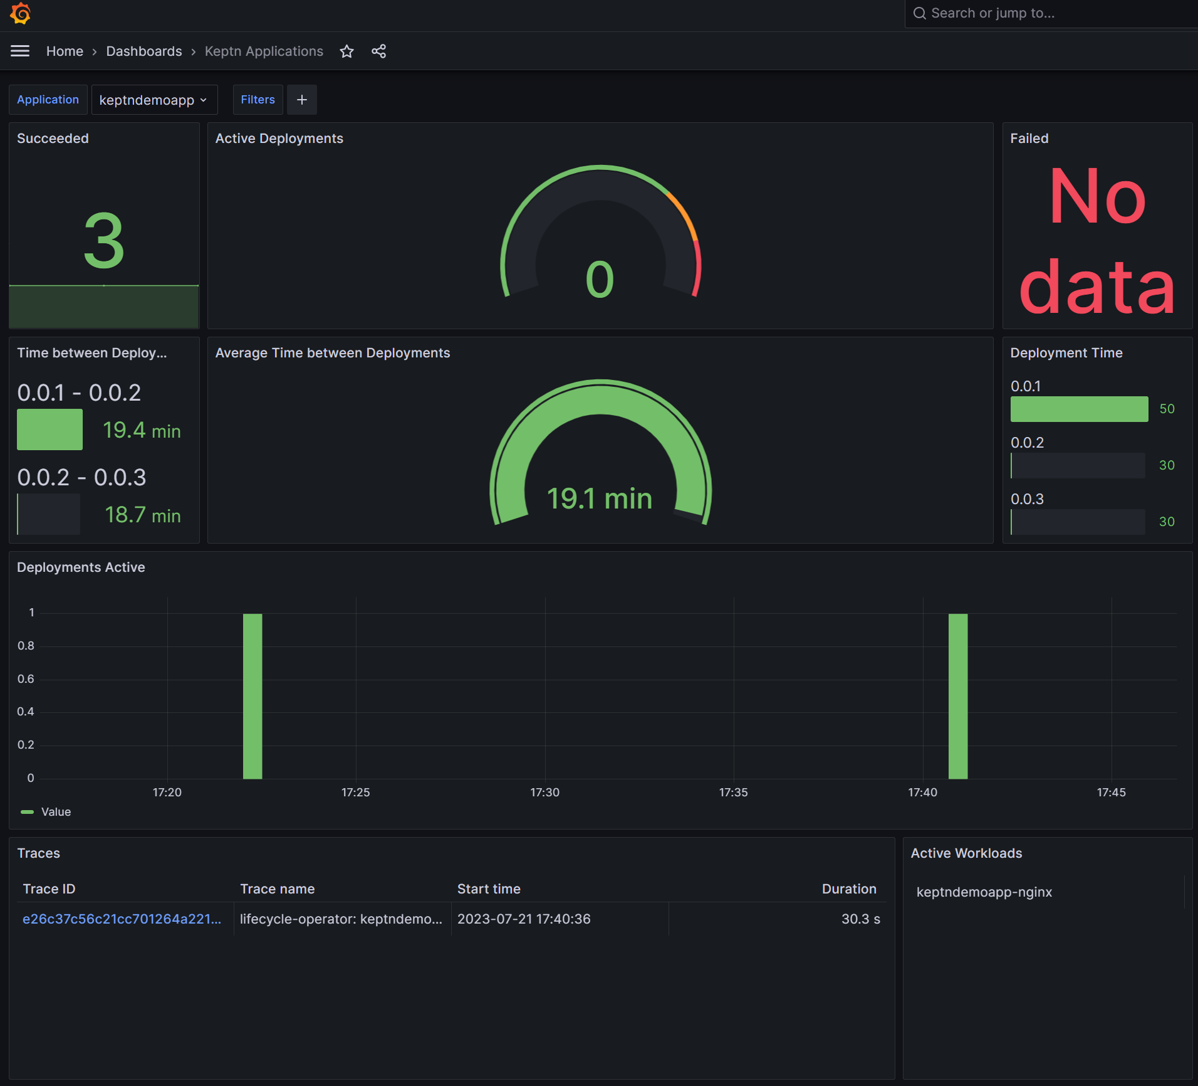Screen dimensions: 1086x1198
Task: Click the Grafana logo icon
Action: [x=20, y=13]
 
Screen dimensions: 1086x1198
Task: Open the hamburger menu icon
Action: [x=20, y=51]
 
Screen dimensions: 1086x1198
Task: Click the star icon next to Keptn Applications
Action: [x=346, y=51]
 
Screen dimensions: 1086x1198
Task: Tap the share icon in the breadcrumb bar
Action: [x=378, y=51]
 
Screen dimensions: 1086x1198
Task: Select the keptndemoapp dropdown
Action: [x=154, y=100]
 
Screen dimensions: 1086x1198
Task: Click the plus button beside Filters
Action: [x=301, y=100]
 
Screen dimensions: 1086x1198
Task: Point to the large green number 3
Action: [x=104, y=241]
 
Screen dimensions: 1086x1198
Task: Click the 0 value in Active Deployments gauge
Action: [x=600, y=280]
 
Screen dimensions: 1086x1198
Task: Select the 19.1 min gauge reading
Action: [x=600, y=499]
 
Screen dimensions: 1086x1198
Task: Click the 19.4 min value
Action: [x=142, y=430]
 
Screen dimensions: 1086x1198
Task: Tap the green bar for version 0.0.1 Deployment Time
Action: [x=1079, y=409]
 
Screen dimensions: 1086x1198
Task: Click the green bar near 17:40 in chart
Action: [x=957, y=696]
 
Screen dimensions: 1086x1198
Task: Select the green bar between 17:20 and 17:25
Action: [x=253, y=696]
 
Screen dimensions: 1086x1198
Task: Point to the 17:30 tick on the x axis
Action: [x=544, y=793]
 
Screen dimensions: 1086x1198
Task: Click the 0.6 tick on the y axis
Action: [x=26, y=679]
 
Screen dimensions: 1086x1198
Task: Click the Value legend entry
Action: [x=55, y=812]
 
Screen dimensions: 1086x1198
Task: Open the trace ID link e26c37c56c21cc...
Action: [x=122, y=919]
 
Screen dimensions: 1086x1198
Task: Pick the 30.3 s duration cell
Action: [x=860, y=919]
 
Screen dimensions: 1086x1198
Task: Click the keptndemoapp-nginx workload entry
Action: [x=984, y=892]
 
